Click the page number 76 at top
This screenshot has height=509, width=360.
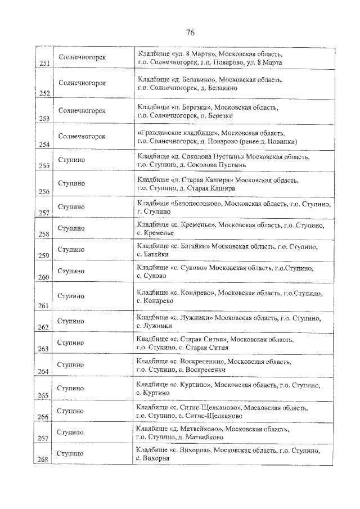190,31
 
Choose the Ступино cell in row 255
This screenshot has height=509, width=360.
71,160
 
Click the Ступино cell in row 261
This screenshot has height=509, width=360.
71,296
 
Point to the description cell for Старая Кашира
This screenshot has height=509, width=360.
225,184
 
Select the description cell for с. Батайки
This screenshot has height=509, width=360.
225,250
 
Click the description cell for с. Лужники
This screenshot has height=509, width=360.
225,322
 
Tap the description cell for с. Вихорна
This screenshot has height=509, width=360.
225,454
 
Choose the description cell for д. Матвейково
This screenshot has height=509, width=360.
225,433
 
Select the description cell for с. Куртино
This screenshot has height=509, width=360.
225,389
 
